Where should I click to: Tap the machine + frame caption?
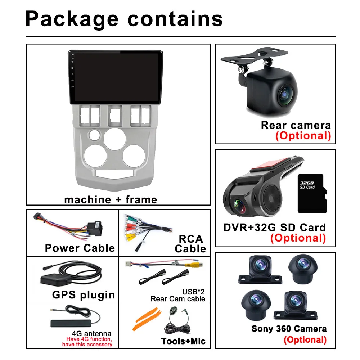[x=111, y=199]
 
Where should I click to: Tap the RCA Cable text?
[x=190, y=244]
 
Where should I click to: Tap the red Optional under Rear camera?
[x=303, y=136]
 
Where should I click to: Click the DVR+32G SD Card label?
[x=274, y=228]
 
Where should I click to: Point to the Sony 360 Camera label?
[x=289, y=328]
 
